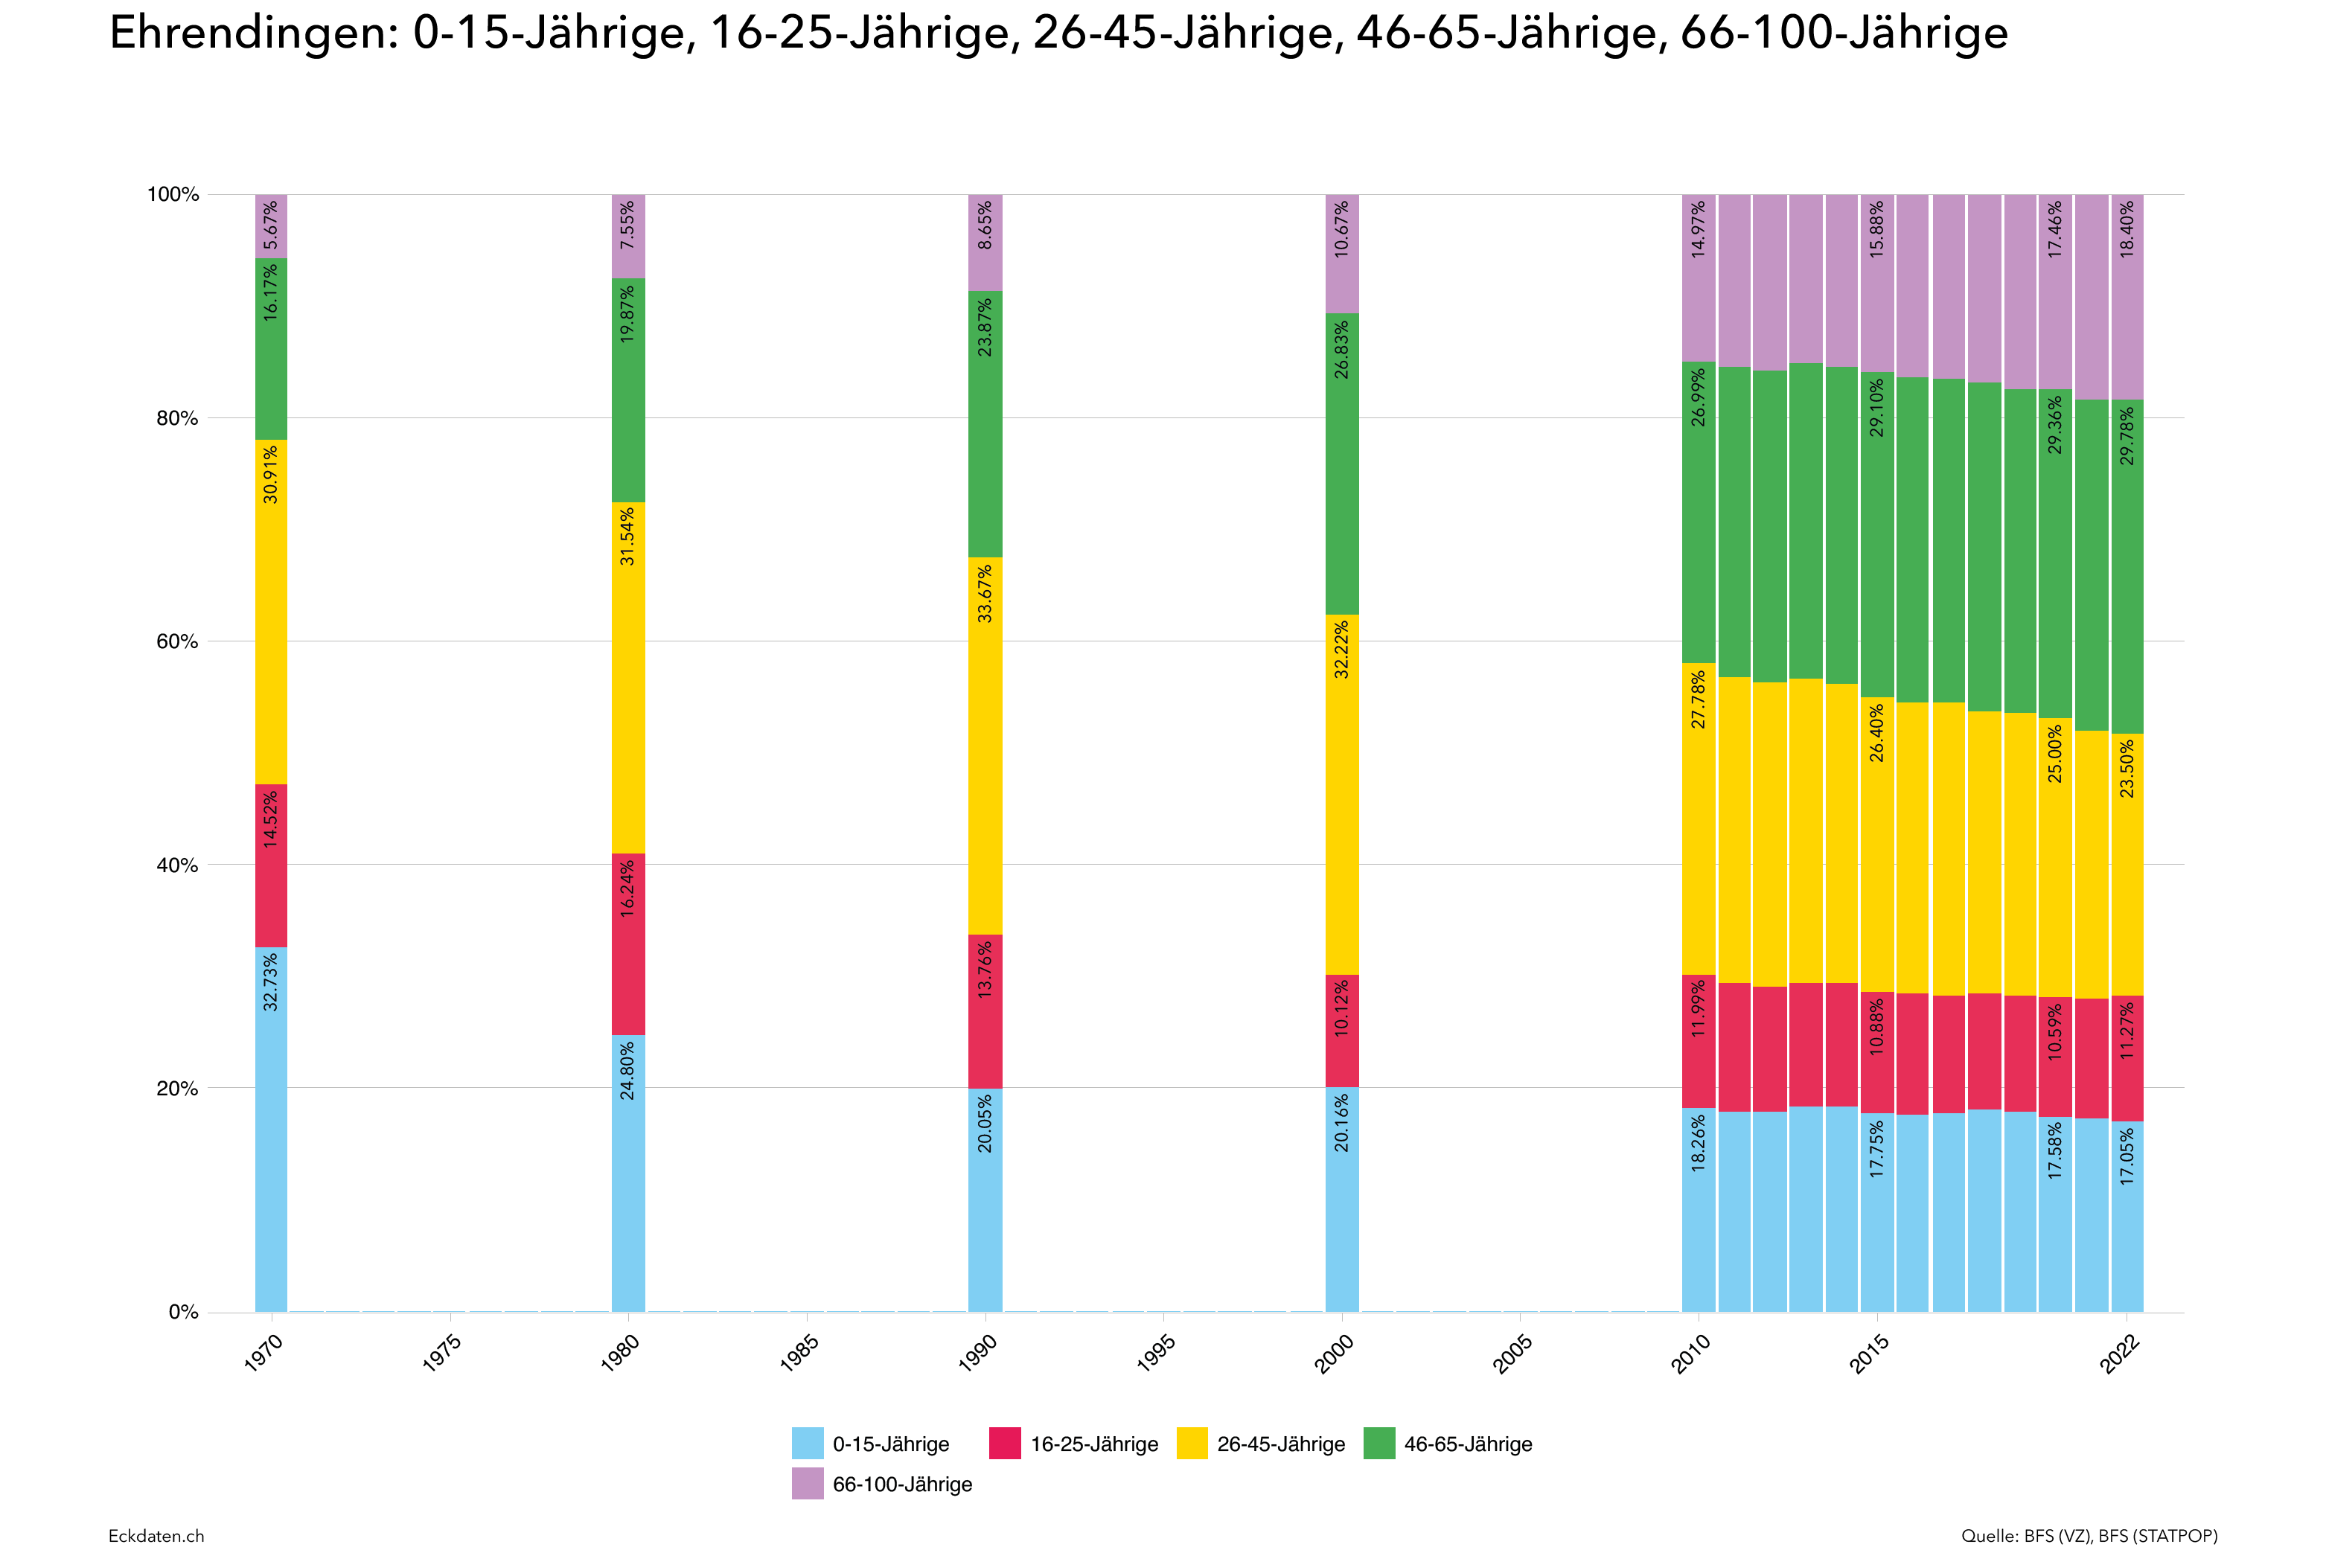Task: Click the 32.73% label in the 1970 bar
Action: point(270,981)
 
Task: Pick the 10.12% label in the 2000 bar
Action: point(1341,1008)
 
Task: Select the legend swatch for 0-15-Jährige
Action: point(807,1444)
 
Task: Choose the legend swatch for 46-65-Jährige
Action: point(1379,1444)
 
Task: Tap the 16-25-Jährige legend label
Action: point(1093,1444)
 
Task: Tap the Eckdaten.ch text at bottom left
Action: point(156,1535)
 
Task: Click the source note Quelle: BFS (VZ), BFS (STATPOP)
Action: point(2089,1535)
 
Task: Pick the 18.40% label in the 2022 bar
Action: point(2127,229)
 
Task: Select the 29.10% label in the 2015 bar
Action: point(1876,407)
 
